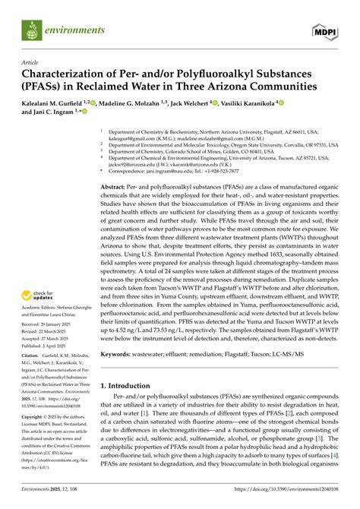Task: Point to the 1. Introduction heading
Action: click(x=130, y=406)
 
